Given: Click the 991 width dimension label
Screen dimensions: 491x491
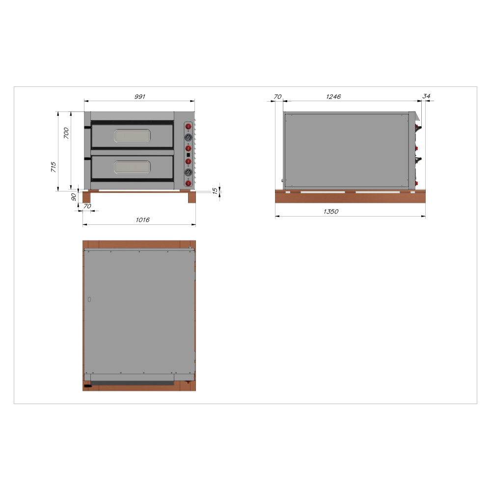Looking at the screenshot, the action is point(139,96).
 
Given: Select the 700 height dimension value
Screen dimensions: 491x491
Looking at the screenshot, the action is point(66,133).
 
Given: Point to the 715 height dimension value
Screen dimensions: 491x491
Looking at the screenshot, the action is point(53,167).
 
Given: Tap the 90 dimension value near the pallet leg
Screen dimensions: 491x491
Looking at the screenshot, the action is point(74,197).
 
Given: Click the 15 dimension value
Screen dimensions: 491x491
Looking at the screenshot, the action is point(215,191).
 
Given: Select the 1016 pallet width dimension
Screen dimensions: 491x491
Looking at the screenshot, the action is point(142,220).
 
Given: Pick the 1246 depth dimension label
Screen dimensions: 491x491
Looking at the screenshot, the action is point(333,96).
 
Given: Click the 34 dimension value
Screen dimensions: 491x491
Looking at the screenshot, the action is point(426,96).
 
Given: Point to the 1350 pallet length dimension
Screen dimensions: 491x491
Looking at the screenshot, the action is point(331,211).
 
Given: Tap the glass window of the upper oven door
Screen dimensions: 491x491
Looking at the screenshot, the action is point(133,136).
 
